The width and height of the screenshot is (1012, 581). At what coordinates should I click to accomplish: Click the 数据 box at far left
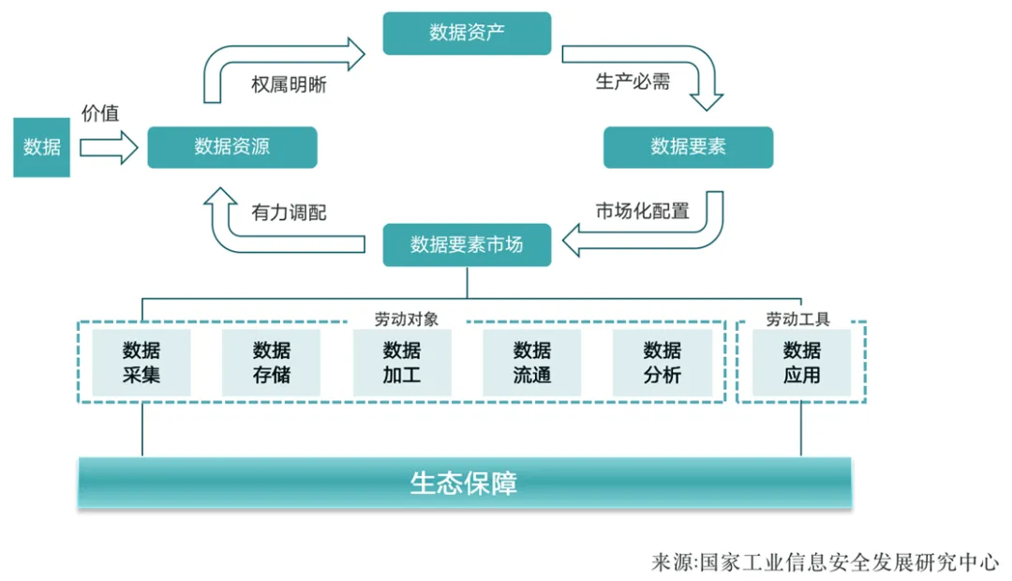[42, 147]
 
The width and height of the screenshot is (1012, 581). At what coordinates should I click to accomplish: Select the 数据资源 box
[232, 147]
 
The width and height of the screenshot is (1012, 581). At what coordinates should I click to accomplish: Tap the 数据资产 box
[467, 33]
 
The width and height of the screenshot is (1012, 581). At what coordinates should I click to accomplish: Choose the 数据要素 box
[688, 147]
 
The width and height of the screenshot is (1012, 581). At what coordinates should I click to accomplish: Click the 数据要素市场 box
[467, 246]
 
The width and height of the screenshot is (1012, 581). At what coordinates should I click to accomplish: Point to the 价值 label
[100, 114]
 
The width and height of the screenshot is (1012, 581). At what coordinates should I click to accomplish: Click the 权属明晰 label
[289, 83]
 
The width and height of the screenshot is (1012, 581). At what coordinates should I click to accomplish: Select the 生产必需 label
[632, 82]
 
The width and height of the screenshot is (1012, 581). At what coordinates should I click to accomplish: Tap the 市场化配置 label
[642, 211]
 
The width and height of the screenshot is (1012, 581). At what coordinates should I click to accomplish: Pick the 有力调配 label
[289, 213]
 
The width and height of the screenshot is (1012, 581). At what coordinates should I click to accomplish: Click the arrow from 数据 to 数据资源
[109, 148]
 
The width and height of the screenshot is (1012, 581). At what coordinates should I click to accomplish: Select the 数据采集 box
[141, 363]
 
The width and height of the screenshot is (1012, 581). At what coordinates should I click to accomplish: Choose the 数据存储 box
[271, 363]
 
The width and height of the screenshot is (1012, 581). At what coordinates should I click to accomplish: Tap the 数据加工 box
[402, 363]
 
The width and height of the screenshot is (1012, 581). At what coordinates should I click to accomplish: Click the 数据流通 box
[532, 363]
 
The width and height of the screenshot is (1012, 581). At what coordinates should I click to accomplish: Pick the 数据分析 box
[662, 363]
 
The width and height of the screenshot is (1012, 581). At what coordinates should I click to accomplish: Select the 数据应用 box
[802, 363]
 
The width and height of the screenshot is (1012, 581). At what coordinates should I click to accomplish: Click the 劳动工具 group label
[798, 320]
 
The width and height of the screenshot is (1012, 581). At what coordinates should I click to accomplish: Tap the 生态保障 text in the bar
[464, 483]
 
